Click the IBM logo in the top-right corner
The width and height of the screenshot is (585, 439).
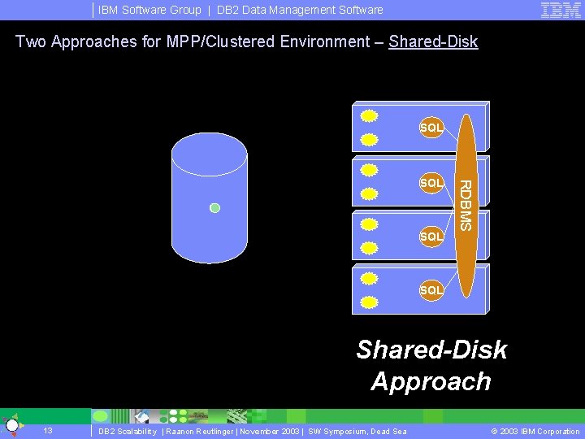point(560,10)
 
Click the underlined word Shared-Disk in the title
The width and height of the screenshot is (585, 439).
point(433,41)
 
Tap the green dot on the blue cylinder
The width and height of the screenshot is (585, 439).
point(214,208)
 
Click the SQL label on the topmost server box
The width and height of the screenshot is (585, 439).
point(431,128)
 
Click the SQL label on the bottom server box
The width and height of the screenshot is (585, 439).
point(431,290)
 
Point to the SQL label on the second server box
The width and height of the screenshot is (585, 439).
point(431,183)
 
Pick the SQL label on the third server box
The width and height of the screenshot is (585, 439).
point(431,237)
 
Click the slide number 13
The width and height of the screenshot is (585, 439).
point(48,431)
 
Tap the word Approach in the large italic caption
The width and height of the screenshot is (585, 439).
point(431,381)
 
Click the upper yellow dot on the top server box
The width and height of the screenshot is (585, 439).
point(369,115)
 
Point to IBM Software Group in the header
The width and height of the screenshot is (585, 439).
point(149,10)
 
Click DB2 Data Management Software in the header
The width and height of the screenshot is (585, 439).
point(300,10)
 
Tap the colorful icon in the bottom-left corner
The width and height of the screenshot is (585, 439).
point(11,426)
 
